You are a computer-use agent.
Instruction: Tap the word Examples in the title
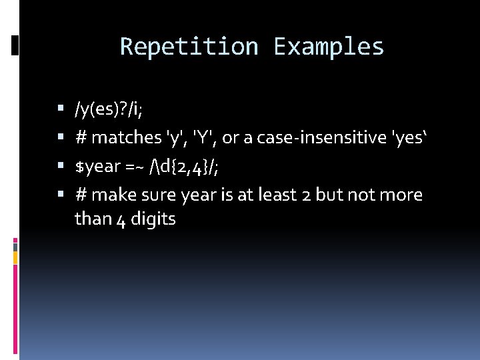pyautogui.click(x=329, y=47)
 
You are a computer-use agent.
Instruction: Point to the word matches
pyautogui.click(x=127, y=138)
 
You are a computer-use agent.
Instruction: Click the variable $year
pyautogui.click(x=97, y=167)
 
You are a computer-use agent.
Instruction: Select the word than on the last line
pyautogui.click(x=93, y=219)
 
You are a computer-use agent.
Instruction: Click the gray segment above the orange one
pyautogui.click(x=15, y=247)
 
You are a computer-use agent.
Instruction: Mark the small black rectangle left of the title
pyautogui.click(x=15, y=45)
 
